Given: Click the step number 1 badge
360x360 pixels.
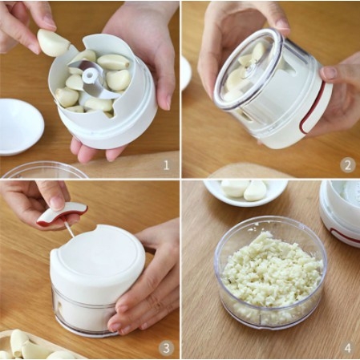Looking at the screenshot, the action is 166,165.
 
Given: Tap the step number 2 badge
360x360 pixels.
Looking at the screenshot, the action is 348,165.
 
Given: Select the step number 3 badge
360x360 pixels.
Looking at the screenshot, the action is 166,348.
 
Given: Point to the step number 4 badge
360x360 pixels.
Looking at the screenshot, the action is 348,348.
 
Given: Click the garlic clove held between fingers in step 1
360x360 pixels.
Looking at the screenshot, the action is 53,42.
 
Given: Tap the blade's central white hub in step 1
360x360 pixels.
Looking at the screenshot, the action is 90,75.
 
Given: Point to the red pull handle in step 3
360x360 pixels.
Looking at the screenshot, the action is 63,213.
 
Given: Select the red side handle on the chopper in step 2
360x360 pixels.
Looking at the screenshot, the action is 313,107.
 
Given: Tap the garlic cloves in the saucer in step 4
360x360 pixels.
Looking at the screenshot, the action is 244,189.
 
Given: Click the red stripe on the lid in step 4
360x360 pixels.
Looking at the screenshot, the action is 345,235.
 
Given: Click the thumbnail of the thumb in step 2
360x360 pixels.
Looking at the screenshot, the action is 330,73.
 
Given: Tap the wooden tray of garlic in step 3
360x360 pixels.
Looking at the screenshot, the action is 34,346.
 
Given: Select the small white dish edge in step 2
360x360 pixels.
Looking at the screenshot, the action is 186,72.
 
